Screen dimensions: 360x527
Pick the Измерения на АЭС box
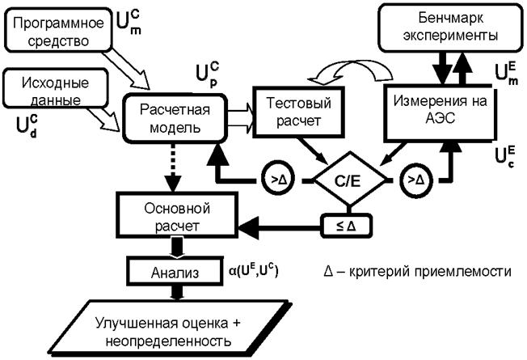click(438, 108)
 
